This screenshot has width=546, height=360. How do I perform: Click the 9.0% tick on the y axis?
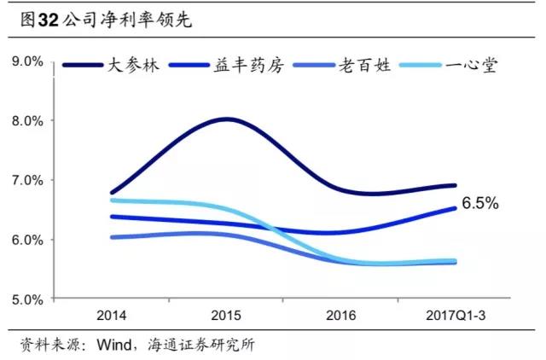(26, 61)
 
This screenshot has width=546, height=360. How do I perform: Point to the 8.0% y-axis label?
(26, 121)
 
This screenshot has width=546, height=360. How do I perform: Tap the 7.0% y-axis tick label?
(26, 181)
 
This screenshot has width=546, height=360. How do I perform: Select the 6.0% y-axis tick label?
(26, 241)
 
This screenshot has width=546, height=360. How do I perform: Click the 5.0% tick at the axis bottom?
(26, 299)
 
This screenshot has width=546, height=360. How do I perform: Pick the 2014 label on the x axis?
(112, 316)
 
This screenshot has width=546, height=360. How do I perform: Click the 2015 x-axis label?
(226, 316)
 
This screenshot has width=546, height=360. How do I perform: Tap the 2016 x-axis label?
(340, 316)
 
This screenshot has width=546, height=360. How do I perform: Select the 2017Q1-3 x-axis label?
(455, 316)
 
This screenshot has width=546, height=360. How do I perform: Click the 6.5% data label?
(479, 204)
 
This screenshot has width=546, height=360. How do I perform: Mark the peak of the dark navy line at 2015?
(226, 119)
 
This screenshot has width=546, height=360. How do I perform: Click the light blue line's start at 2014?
(113, 200)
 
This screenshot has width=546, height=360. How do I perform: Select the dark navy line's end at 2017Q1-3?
(455, 185)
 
